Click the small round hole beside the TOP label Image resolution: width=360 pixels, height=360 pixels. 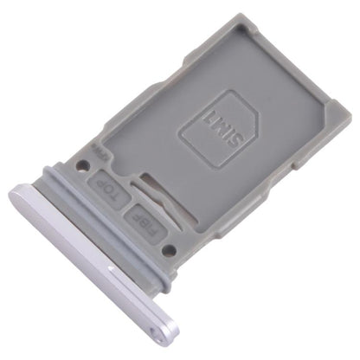84,163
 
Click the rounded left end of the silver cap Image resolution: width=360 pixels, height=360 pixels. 19,195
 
